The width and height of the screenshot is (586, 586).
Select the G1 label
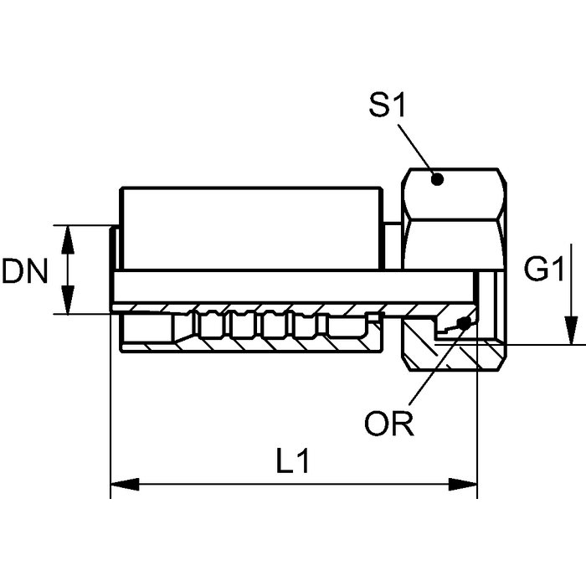click(x=543, y=270)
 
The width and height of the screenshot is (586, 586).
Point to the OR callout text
click(x=389, y=424)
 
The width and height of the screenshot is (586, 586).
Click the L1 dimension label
click(x=292, y=461)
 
